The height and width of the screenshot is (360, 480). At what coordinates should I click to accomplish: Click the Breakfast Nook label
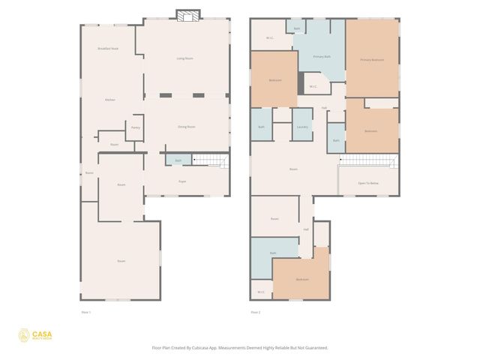point(108,48)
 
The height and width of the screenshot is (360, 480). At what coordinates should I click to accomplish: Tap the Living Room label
point(185,58)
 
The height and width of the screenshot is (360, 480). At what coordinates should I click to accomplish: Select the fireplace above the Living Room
point(187,14)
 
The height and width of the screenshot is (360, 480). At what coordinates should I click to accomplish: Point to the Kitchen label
point(109,100)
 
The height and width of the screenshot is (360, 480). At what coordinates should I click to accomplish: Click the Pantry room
point(135,127)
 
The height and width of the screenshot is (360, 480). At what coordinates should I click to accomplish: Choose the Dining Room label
point(187,127)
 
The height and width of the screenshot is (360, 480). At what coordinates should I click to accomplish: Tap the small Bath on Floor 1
point(178,160)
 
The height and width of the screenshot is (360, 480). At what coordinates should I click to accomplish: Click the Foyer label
point(182,181)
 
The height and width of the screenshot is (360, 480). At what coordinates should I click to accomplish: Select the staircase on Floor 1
point(211,160)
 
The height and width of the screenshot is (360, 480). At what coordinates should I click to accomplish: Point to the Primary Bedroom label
point(372,59)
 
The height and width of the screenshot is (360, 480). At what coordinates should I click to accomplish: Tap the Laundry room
point(303,127)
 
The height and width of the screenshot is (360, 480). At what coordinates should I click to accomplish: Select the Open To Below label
point(367,183)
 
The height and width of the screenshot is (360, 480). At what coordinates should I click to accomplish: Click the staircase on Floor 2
point(367,160)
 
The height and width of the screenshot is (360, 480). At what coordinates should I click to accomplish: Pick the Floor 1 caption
point(85,312)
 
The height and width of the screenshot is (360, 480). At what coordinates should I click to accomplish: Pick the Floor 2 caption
point(256,312)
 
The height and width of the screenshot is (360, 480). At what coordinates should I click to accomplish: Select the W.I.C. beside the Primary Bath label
point(313,86)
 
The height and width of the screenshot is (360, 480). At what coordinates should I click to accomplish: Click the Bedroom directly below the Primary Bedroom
point(370,130)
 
